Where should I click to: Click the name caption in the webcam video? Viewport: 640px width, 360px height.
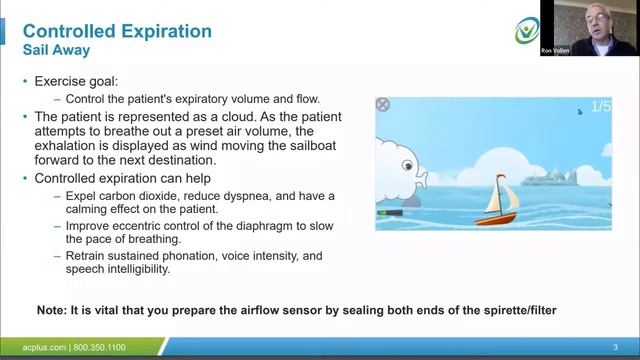pos(555,49)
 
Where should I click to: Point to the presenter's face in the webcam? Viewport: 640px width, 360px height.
pos(597,19)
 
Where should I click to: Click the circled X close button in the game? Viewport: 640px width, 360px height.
pos(382,105)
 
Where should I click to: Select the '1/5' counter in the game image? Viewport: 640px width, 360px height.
pos(600,106)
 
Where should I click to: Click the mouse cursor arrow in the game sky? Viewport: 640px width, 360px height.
pos(579,112)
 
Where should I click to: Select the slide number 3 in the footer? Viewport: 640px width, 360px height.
pos(615,347)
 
